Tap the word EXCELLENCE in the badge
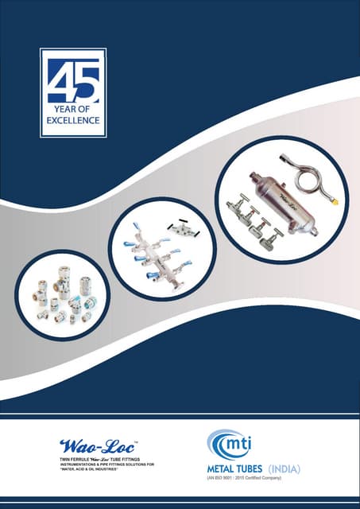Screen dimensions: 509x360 tap(73, 122)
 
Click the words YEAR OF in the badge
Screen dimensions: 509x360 tap(73, 111)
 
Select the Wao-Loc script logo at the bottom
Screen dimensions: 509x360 tap(87, 443)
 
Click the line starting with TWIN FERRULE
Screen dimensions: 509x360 tap(95, 460)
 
